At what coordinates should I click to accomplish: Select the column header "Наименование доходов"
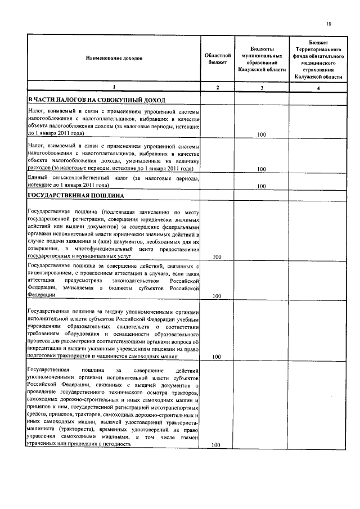[114, 58]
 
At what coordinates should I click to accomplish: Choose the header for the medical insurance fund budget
[318, 58]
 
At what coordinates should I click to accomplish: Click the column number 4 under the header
[318, 88]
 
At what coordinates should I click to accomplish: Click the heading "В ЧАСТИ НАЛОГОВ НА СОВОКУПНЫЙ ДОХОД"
[97, 100]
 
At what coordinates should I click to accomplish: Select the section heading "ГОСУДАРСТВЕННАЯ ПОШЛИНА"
[80, 196]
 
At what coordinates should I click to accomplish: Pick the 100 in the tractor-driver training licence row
[216, 357]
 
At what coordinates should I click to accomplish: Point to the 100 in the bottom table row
[216, 445]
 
